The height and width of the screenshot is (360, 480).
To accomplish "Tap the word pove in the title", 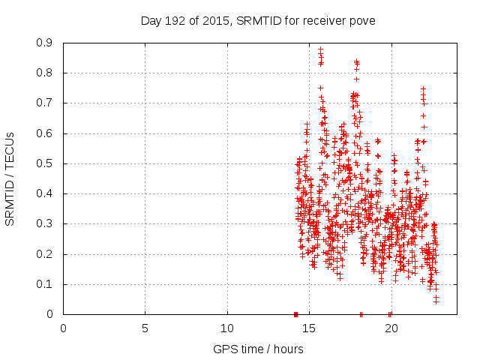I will [x=361, y=20].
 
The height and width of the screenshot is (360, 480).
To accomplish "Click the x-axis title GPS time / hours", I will [x=258, y=349].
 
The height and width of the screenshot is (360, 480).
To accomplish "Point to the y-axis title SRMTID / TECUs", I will [x=10, y=179].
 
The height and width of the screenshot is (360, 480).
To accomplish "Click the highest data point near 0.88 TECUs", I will [x=320, y=49].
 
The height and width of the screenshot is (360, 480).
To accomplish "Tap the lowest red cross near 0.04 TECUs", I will [x=436, y=301].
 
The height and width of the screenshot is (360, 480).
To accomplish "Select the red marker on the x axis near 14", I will [x=295, y=314].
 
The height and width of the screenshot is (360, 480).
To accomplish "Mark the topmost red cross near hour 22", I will [x=423, y=88].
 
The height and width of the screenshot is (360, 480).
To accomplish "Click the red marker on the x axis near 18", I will [x=361, y=314].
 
